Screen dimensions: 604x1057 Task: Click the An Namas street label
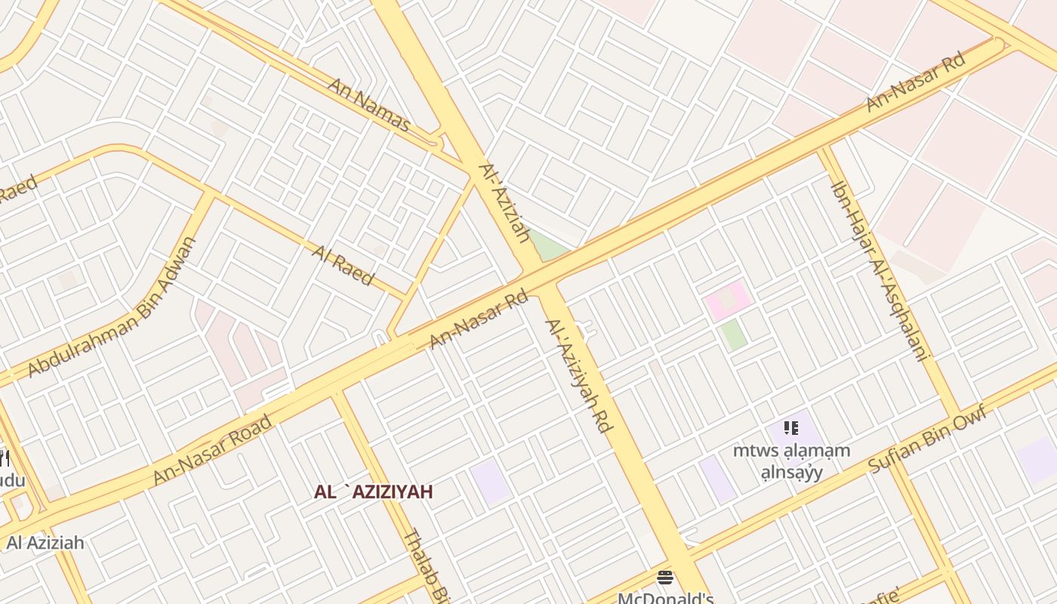tap(368, 103)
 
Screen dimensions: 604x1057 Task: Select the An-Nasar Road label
tap(212, 450)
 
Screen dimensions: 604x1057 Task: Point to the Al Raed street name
tap(343, 264)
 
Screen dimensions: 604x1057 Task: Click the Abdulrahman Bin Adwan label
tap(112, 307)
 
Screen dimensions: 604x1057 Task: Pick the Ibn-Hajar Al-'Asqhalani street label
tap(880, 270)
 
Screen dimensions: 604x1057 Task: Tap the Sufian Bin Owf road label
tap(927, 439)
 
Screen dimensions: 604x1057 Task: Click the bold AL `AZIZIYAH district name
tap(374, 492)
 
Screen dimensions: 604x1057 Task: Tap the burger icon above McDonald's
tap(665, 578)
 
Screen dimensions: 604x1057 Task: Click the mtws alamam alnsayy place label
tap(791, 461)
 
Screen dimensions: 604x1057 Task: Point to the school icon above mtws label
tap(791, 429)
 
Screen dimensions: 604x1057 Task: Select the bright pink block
tap(729, 300)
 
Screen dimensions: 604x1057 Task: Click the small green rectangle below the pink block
tap(733, 334)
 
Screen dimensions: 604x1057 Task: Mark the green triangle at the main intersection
tap(550, 247)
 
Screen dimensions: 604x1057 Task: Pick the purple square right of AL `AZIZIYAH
tap(491, 481)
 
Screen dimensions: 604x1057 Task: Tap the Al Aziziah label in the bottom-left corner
tap(45, 543)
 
